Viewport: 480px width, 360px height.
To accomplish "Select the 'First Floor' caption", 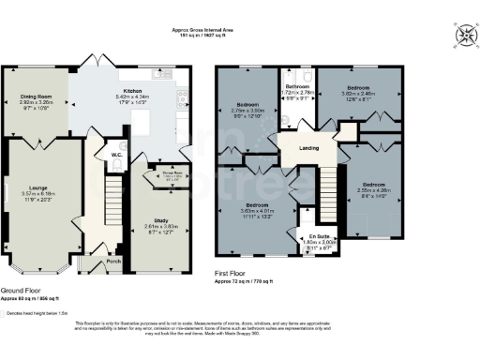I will tap(234, 274).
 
